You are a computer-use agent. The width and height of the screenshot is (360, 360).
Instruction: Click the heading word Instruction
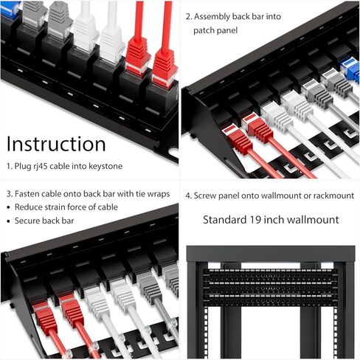(x=56, y=144)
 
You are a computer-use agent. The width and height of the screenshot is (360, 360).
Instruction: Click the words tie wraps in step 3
(x=151, y=193)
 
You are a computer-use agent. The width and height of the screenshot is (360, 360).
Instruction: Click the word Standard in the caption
(x=225, y=219)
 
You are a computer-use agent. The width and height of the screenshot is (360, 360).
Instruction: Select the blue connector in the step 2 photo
(x=350, y=69)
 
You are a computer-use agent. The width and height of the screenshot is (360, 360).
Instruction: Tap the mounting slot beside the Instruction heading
(x=172, y=156)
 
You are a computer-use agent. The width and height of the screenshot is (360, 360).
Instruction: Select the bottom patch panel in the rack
(x=266, y=299)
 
